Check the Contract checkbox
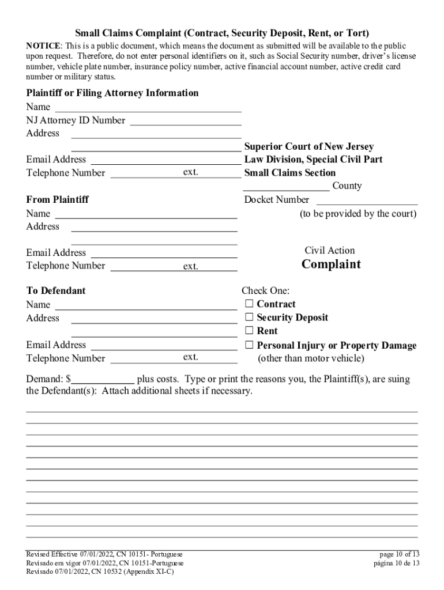(x=249, y=304)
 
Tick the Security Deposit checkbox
(x=249, y=317)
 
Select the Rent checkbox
(x=249, y=331)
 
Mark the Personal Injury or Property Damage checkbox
(x=249, y=346)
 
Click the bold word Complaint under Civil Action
(x=331, y=264)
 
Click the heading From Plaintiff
(x=58, y=200)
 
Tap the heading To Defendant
(x=56, y=290)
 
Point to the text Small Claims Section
(x=289, y=173)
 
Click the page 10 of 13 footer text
(x=396, y=554)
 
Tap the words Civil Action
(x=330, y=250)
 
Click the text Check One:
(x=265, y=291)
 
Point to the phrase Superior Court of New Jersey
(x=309, y=147)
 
